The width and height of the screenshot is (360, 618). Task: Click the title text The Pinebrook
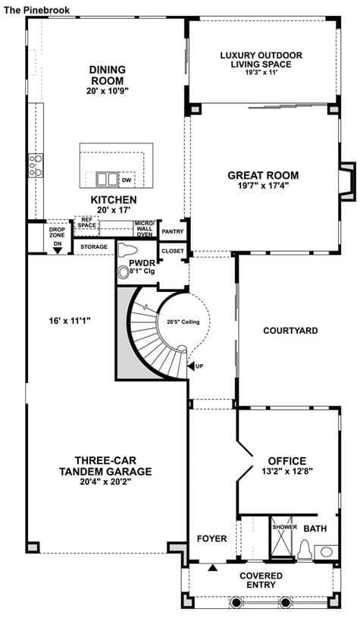point(36,10)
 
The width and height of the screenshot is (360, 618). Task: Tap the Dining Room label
point(108,75)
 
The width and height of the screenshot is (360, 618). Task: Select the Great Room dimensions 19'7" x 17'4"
point(263,186)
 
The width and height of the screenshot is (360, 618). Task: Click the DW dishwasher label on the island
point(127,180)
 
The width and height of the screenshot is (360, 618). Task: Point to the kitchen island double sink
point(107,179)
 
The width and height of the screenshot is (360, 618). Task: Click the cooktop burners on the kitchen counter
point(36,166)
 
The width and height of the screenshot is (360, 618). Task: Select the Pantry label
point(173,232)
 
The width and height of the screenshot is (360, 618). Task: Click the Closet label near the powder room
point(173,251)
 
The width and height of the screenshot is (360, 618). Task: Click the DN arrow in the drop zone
point(58,250)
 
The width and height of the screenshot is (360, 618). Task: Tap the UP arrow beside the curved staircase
point(191,366)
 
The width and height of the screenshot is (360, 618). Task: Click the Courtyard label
point(290,331)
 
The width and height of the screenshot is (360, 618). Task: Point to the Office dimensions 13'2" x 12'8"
point(287,471)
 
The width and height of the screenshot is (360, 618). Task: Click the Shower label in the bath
point(284,527)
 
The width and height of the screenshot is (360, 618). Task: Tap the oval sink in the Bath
point(326,552)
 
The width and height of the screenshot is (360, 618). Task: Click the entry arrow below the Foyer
point(213,568)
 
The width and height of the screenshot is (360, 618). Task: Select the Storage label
point(94,246)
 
